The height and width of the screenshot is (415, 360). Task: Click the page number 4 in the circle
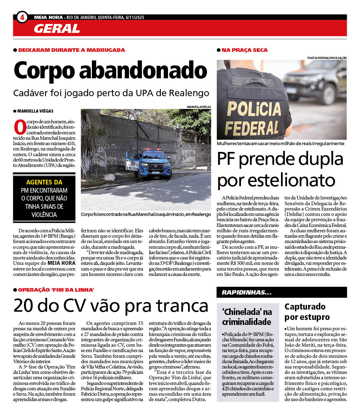pos(22,17)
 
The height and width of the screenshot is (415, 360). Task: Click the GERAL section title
pos(57,28)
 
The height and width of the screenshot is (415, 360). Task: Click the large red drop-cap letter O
pos(19,128)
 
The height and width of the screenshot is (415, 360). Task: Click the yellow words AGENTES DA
pos(44,182)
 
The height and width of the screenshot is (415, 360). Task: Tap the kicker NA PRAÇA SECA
pos(245,50)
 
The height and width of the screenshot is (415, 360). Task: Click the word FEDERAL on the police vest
pos(252,128)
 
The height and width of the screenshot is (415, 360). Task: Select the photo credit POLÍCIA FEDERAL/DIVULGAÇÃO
pos(327,58)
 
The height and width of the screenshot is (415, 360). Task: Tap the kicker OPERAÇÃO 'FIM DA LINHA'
pos(56,290)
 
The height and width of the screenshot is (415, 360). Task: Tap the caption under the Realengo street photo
pos(146,214)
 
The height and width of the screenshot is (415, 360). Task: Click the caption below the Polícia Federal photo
pos(281,143)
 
